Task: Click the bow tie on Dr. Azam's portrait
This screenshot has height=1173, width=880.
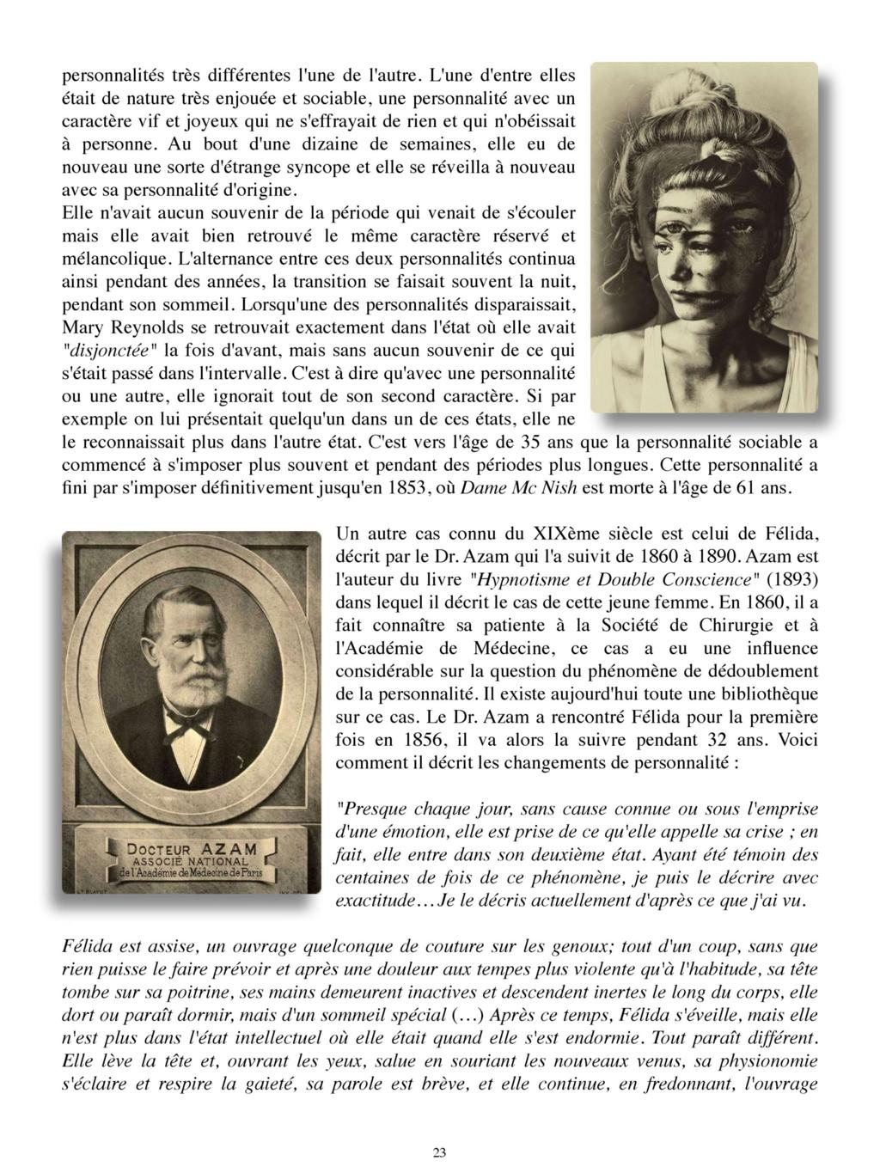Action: tap(191, 726)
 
